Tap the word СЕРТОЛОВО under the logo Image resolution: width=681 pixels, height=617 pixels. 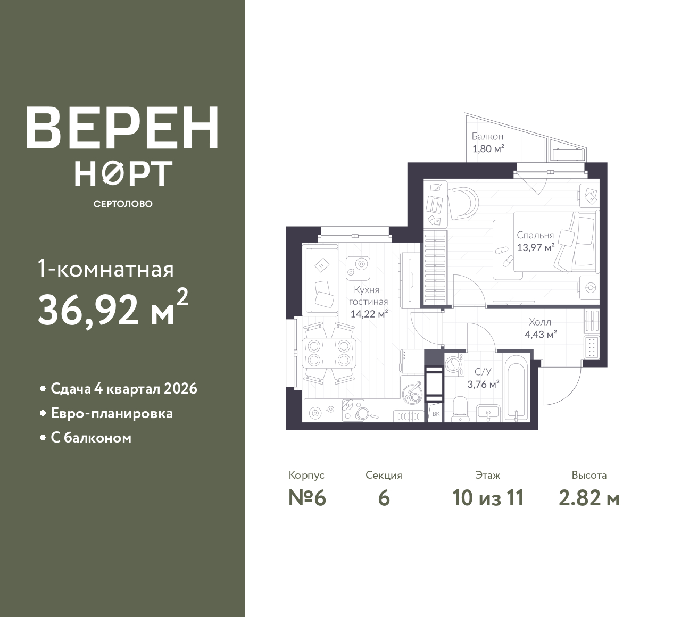point(123,204)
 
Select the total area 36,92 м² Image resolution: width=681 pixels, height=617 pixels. point(113,308)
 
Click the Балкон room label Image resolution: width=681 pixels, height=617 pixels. point(487,137)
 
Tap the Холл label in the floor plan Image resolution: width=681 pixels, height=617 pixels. point(540,322)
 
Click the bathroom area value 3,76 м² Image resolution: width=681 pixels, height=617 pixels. point(484,384)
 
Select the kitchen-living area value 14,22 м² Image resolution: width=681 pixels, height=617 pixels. point(369,314)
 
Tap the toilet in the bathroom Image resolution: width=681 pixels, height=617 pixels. point(461,409)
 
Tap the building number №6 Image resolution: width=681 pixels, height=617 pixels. point(307,498)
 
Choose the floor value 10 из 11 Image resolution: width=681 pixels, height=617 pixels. point(488,498)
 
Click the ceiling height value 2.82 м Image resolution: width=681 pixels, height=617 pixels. point(589,498)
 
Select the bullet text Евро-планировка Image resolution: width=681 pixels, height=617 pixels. point(112,413)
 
